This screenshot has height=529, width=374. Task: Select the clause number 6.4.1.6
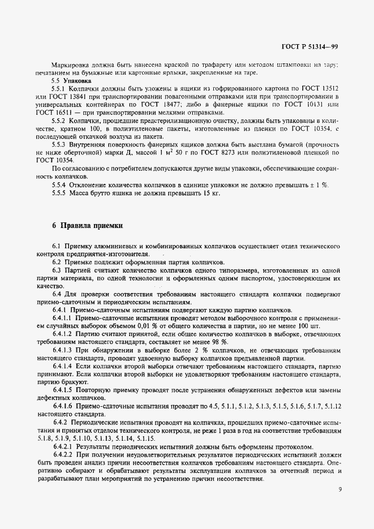click(x=64, y=406)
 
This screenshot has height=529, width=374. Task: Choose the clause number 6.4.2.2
click(x=64, y=454)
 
